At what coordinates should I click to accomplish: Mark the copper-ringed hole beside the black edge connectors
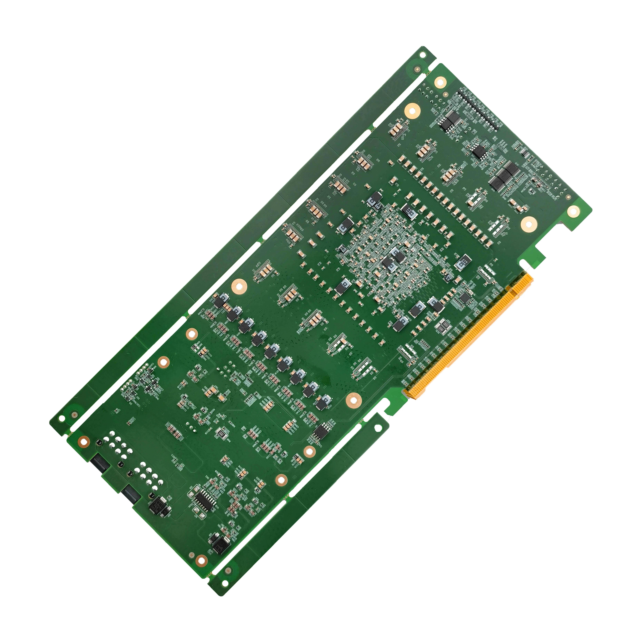84,441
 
